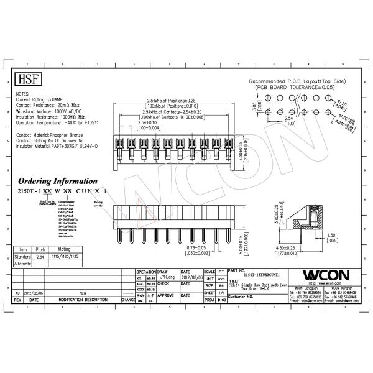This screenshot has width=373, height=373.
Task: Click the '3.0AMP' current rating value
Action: click(x=54, y=99)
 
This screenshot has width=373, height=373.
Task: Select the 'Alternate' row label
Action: click(x=23, y=263)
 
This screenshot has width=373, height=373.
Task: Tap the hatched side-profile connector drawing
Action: click(x=308, y=221)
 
